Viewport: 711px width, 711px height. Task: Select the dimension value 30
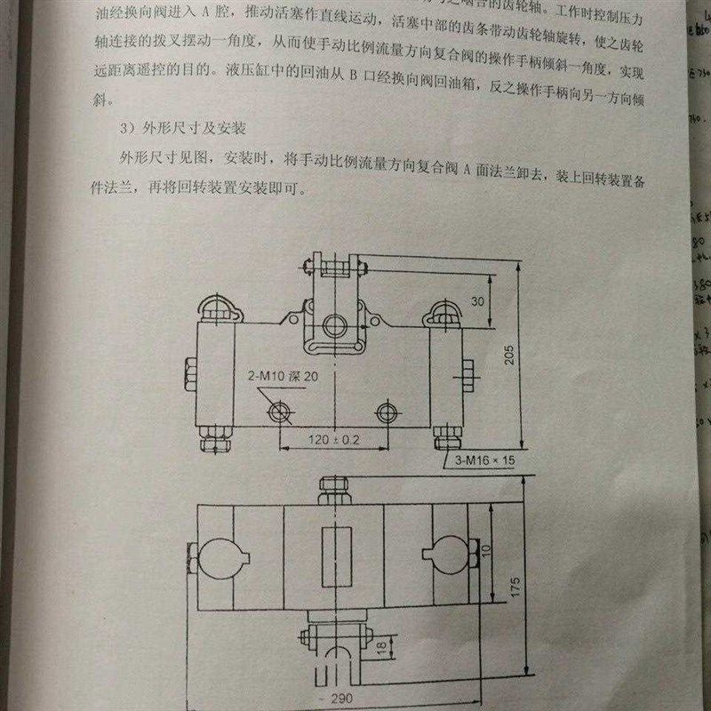tap(478, 301)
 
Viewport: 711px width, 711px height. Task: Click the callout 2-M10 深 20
tap(283, 377)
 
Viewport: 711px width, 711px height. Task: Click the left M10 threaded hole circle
tap(280, 411)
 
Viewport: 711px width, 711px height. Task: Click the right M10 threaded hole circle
tap(386, 411)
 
